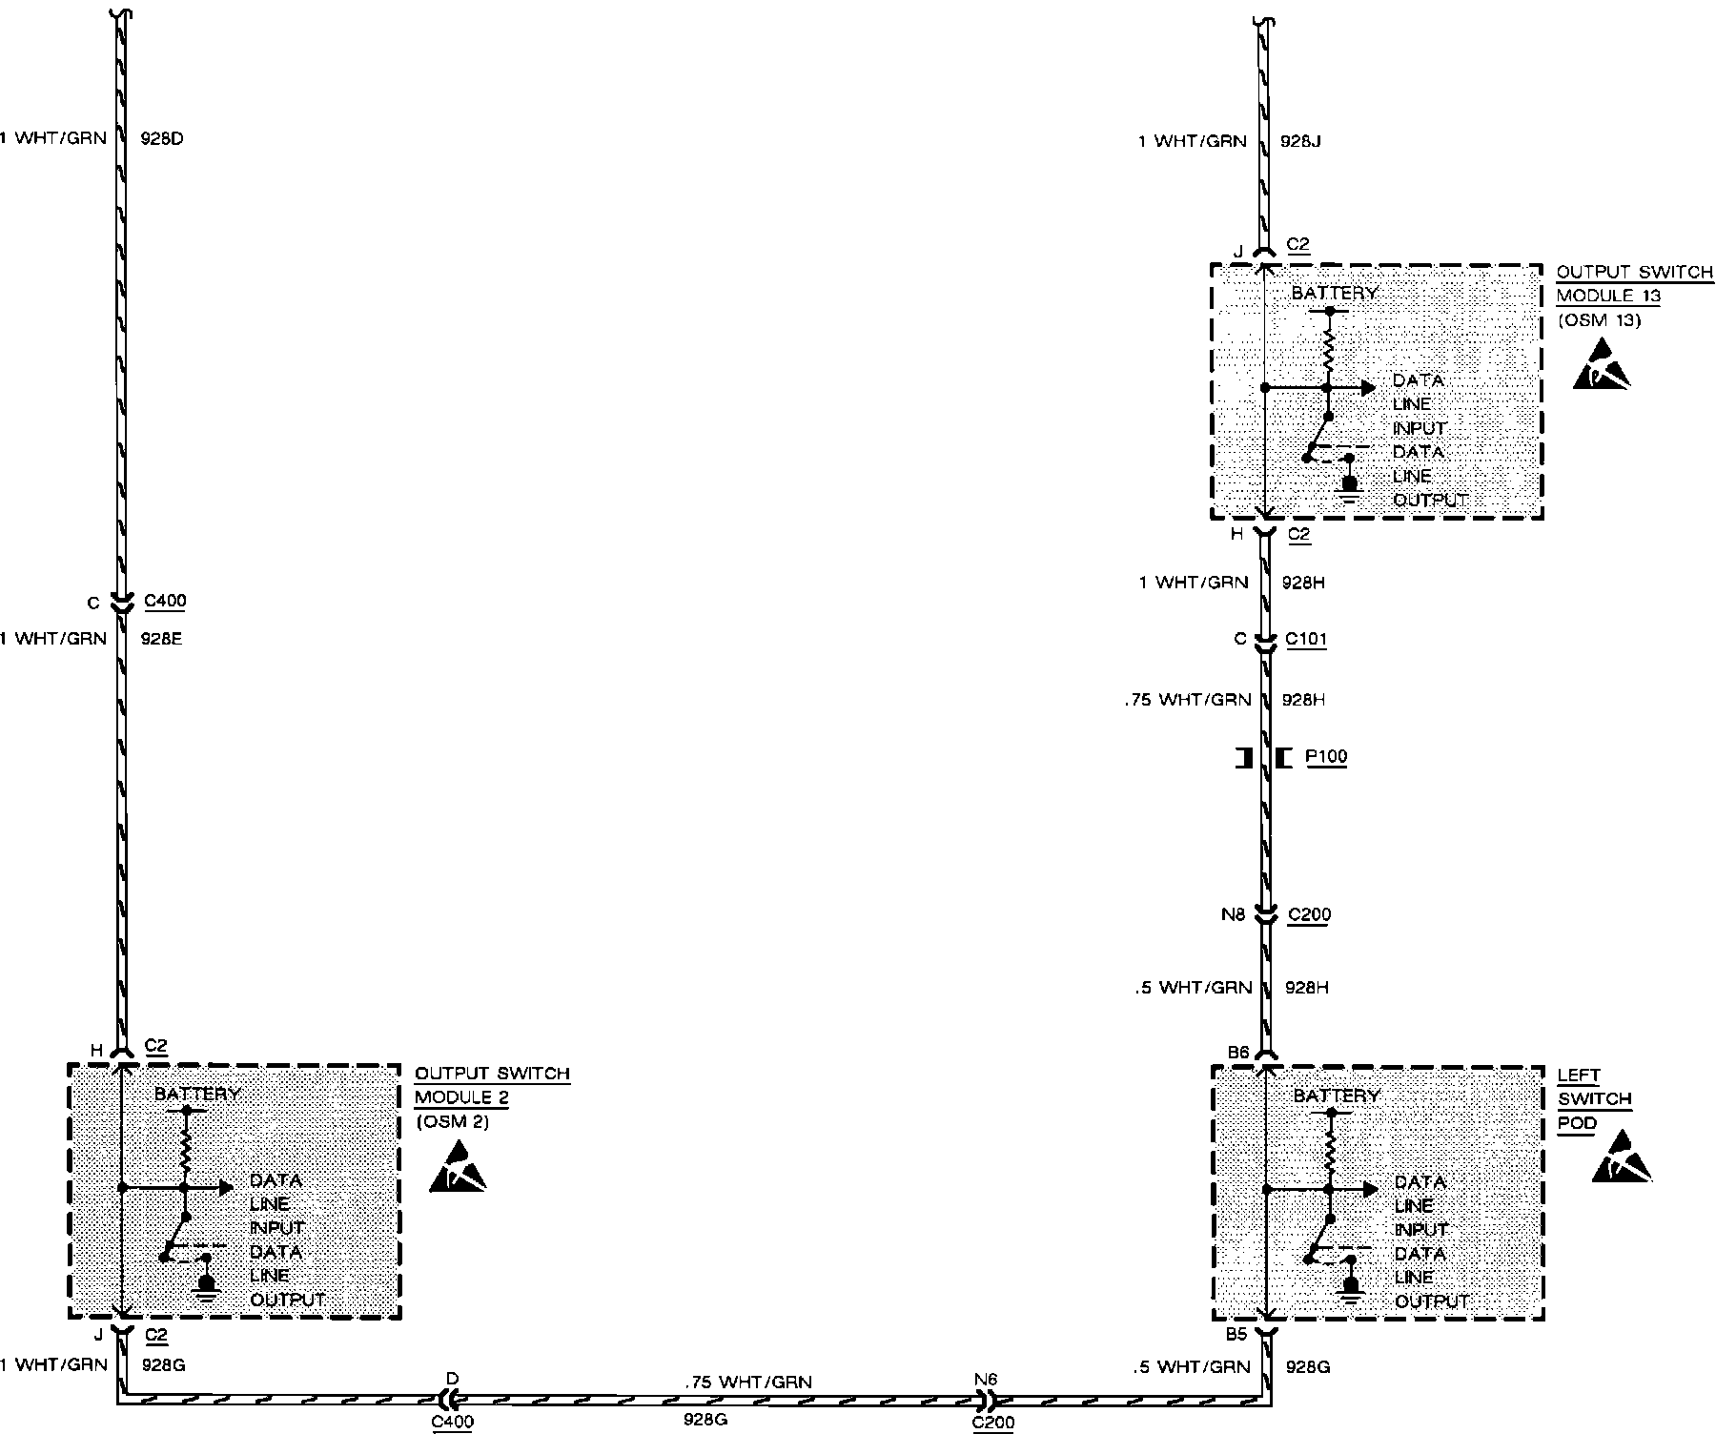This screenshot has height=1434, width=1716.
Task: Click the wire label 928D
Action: click(161, 139)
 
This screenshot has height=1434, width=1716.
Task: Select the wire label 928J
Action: click(1300, 142)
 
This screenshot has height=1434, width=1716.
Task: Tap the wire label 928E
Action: click(161, 639)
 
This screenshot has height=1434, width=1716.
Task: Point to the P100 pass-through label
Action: click(1325, 757)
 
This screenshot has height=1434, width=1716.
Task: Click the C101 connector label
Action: click(1306, 639)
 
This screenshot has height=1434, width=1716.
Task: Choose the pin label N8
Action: click(1233, 914)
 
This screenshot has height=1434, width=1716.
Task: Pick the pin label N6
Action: click(986, 1379)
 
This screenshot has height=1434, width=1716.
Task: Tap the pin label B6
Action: click(1237, 1052)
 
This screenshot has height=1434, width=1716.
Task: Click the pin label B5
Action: click(1236, 1334)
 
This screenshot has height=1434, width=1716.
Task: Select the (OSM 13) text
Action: click(1599, 320)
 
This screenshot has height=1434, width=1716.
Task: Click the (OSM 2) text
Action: click(453, 1121)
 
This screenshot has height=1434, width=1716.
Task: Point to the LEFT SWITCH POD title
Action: click(1594, 1098)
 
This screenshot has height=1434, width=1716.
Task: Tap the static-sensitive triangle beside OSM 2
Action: click(458, 1171)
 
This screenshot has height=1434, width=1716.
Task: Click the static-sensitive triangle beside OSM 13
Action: click(1602, 366)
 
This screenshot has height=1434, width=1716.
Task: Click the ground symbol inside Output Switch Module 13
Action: click(1349, 486)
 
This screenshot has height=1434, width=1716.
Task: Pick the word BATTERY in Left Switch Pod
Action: click(1337, 1096)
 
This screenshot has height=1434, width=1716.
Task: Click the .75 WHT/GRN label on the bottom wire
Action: click(748, 1382)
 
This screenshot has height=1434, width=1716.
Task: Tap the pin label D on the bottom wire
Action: click(452, 1379)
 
